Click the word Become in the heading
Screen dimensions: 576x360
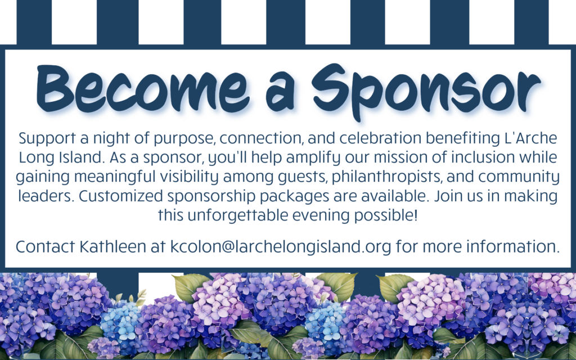point(143,89)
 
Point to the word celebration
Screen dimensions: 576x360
point(380,138)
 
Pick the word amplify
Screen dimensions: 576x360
point(313,158)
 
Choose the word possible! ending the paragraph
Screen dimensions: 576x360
point(386,215)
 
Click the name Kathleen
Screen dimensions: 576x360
point(112,246)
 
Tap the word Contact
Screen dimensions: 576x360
point(45,246)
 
